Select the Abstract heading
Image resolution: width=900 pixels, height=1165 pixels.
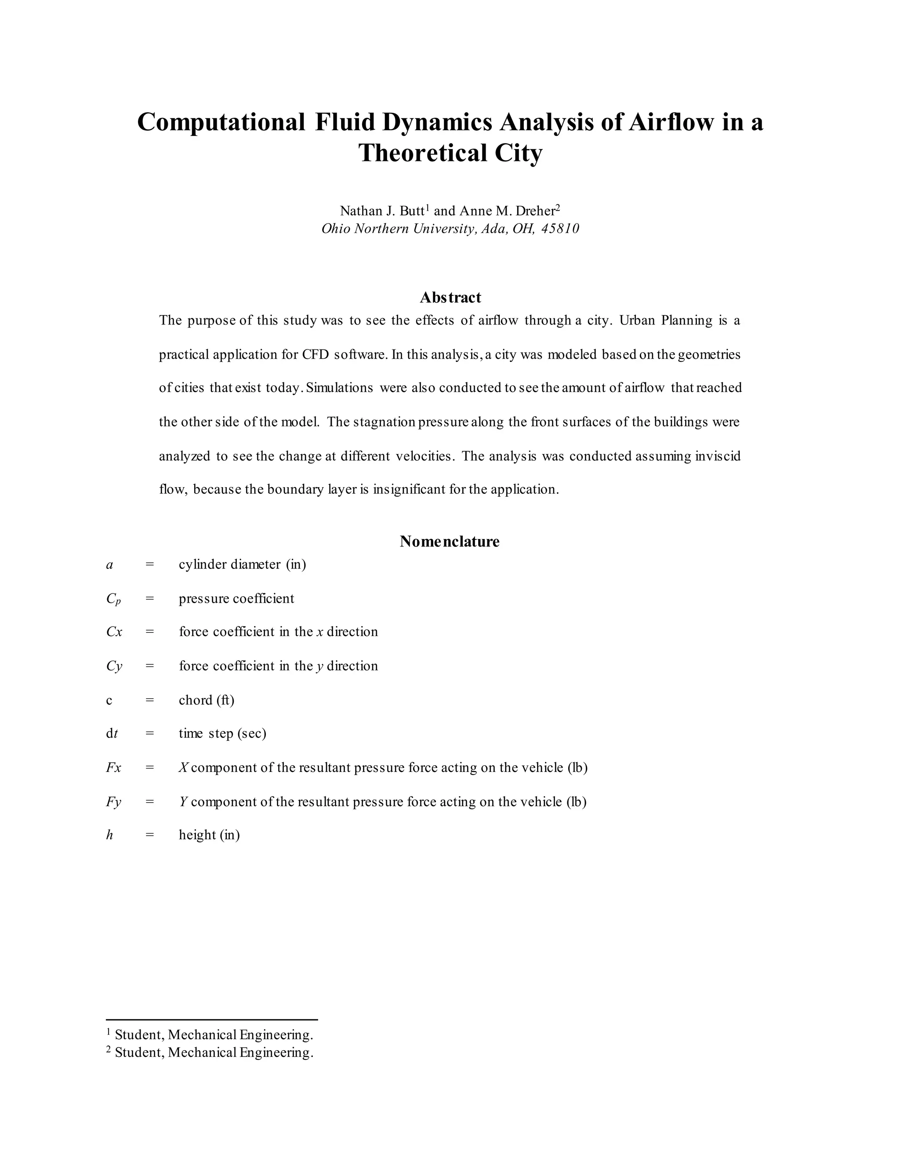pyautogui.click(x=450, y=297)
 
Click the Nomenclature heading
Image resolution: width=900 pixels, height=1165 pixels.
pyautogui.click(x=450, y=542)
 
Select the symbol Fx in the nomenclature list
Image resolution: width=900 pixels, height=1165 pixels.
pyautogui.click(x=113, y=768)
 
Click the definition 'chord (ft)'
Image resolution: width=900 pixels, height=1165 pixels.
pyautogui.click(x=207, y=700)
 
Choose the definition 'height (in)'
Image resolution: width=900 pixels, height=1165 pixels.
pyautogui.click(x=209, y=835)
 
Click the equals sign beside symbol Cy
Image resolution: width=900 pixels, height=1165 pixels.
pyautogui.click(x=149, y=666)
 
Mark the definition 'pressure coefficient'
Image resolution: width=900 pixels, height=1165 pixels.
pyautogui.click(x=236, y=598)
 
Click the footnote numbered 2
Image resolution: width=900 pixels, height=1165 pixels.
pyautogui.click(x=210, y=1052)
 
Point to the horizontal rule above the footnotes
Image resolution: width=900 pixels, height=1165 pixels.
pyautogui.click(x=212, y=1019)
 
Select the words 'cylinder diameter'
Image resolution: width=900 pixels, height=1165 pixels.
pyautogui.click(x=229, y=564)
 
